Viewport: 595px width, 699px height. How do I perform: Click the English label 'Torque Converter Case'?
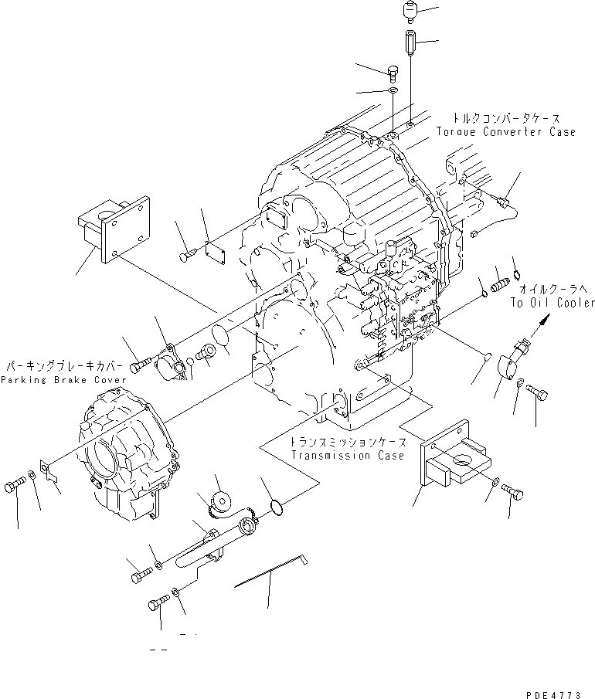tap(515, 132)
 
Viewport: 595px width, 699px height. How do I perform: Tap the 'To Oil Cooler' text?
tap(552, 303)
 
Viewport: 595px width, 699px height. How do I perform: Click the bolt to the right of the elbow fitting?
tap(538, 393)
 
